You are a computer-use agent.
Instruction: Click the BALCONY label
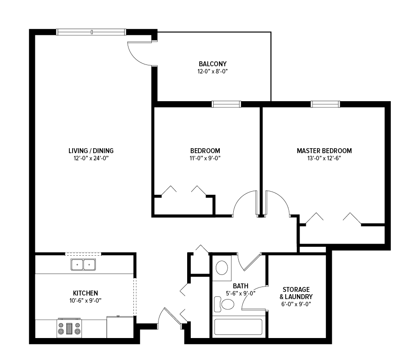(x=212, y=64)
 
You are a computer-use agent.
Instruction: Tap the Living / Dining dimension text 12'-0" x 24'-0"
(x=91, y=158)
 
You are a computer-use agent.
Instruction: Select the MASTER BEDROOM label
(x=324, y=151)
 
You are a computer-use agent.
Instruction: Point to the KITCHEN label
(x=86, y=293)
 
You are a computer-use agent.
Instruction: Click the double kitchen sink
(x=83, y=265)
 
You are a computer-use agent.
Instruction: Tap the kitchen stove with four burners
(x=69, y=328)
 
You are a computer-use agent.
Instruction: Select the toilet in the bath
(x=224, y=304)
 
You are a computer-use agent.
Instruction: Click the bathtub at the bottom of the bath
(x=238, y=327)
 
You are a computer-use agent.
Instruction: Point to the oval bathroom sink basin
(x=222, y=268)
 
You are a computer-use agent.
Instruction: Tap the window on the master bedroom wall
(x=325, y=104)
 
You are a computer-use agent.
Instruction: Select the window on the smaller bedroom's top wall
(x=226, y=104)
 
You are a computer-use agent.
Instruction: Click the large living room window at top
(x=91, y=32)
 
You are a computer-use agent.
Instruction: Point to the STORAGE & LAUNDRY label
(x=296, y=293)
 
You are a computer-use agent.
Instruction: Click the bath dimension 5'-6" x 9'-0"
(x=240, y=293)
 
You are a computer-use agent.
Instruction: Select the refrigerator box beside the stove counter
(x=120, y=327)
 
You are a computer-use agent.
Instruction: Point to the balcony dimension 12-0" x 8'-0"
(x=212, y=72)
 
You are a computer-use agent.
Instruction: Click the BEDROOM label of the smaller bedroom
(x=205, y=151)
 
